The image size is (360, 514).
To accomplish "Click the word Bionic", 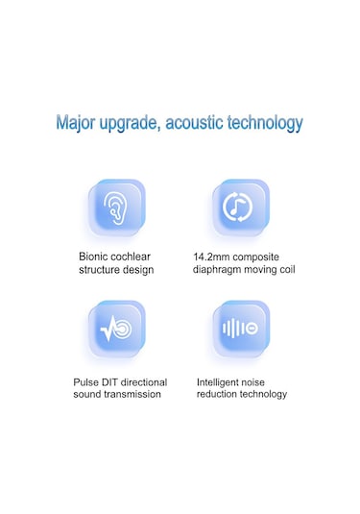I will [95, 257].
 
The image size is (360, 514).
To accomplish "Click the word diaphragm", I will [219, 270].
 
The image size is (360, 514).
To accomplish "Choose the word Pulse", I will [86, 381].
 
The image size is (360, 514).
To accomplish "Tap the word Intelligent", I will [222, 381].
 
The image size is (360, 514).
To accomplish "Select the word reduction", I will [220, 394].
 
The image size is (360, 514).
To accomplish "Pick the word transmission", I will [132, 394].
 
